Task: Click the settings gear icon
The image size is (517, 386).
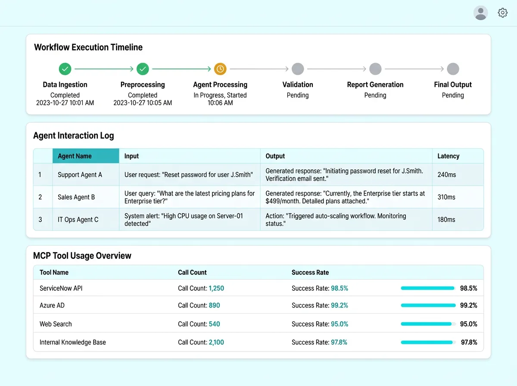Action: (502, 13)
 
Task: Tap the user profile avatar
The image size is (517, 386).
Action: (480, 13)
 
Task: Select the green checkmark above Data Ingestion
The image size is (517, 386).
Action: (65, 69)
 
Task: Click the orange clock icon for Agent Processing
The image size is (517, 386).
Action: (220, 69)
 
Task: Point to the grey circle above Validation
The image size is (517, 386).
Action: (298, 69)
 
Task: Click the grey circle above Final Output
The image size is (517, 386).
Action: (453, 69)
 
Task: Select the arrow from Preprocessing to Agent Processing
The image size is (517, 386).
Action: (181, 69)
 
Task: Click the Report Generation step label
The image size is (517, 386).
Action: (375, 85)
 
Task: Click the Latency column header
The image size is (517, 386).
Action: (448, 156)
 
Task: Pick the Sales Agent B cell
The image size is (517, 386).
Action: (76, 197)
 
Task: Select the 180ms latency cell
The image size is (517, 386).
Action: (446, 220)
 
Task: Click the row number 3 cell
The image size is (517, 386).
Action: (40, 220)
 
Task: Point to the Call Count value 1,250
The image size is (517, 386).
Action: (216, 288)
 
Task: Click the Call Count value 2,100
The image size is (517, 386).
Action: (216, 342)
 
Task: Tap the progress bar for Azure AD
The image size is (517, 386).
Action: (428, 305)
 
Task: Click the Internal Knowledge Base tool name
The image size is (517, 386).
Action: (72, 342)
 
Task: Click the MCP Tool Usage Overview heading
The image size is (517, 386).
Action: (82, 256)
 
